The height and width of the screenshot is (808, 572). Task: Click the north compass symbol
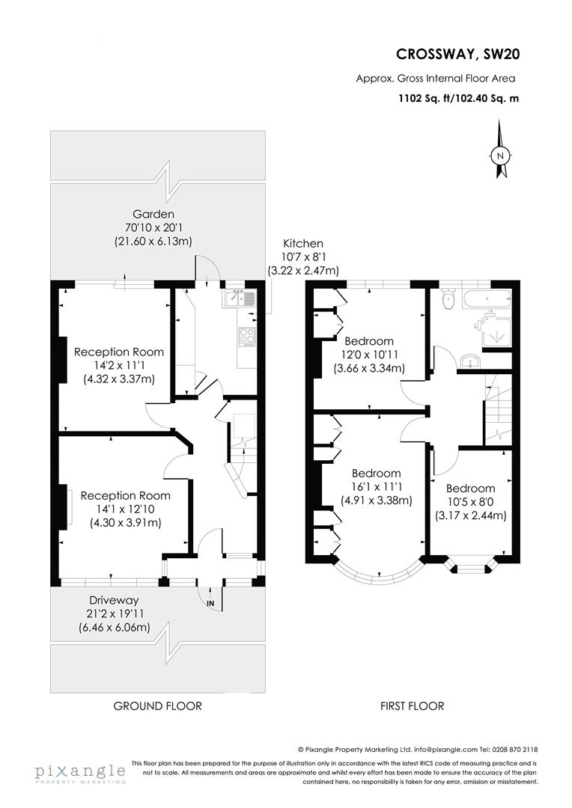501,156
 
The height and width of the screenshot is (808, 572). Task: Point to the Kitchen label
302,243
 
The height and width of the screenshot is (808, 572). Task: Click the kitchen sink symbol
240,299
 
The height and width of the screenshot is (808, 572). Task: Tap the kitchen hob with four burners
247,337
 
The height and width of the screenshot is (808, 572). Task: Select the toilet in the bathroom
448,299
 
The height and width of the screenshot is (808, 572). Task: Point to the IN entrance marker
210,603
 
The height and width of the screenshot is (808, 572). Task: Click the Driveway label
114,600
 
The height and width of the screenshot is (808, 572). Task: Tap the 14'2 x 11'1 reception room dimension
118,365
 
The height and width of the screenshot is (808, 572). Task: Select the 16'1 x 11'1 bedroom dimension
376,487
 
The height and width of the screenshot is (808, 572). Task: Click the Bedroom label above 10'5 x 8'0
470,489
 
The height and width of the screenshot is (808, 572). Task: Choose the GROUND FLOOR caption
157,706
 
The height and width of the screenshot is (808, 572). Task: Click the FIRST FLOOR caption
411,706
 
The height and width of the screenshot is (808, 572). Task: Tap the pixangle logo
80,771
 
